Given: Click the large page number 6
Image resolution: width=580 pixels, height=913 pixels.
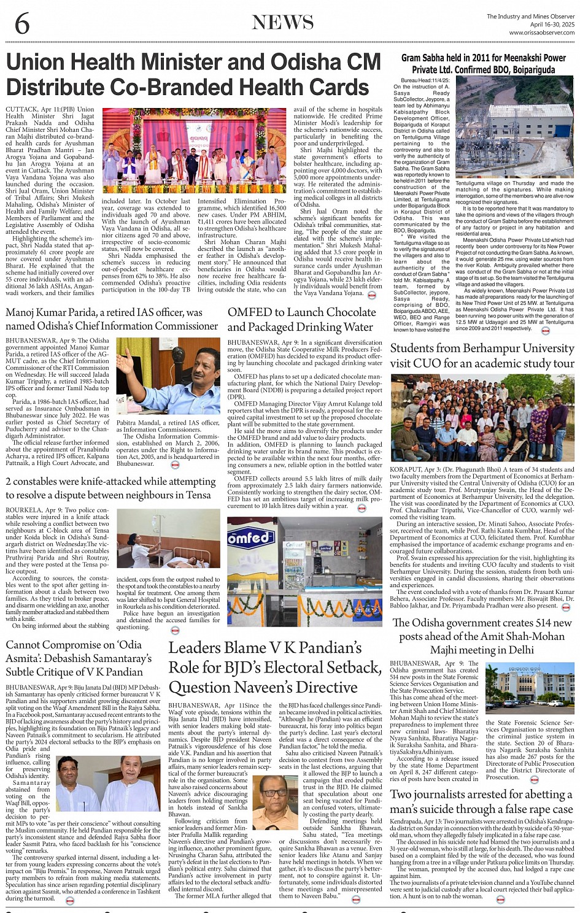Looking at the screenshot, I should point(21,23).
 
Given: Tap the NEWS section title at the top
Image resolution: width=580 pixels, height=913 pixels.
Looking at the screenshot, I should point(282,23).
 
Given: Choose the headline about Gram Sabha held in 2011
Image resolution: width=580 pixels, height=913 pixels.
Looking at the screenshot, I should point(483,63).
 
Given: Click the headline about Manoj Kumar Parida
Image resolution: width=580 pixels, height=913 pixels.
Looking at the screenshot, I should point(111,319).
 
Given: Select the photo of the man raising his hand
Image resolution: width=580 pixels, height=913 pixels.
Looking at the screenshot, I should point(168,376).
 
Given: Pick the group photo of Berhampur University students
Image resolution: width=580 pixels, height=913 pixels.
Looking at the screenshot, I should point(482,418).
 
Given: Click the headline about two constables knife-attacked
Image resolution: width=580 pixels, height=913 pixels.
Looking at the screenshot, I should point(110,488).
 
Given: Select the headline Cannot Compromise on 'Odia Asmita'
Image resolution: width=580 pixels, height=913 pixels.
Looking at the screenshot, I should point(78,658).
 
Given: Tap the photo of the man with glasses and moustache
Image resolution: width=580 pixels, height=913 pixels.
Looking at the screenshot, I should point(275,802).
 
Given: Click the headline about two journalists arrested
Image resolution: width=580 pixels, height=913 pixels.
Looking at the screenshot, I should point(481,801).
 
